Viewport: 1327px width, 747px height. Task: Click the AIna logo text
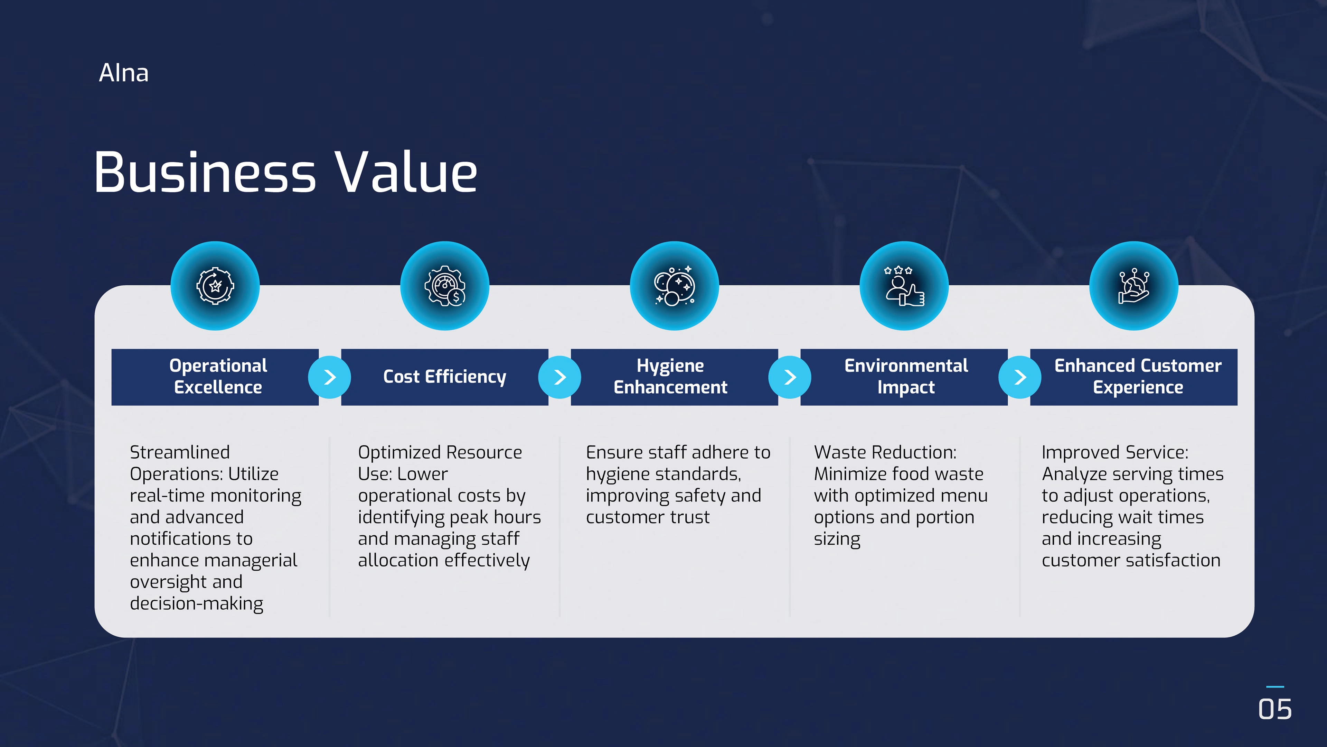click(x=124, y=73)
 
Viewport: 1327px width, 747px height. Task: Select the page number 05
click(x=1275, y=709)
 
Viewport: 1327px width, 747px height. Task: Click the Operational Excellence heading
click(x=218, y=376)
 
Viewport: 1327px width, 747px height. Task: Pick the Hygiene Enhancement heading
click(x=670, y=376)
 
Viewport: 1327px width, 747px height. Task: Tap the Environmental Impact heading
click(x=906, y=376)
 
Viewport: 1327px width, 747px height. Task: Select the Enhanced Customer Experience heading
click(x=1138, y=376)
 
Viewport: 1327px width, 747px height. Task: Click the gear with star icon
click(x=215, y=286)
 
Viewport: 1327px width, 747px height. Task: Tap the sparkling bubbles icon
click(x=674, y=286)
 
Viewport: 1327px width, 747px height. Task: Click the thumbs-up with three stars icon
click(x=904, y=286)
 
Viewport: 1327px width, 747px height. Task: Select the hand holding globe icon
click(x=1134, y=286)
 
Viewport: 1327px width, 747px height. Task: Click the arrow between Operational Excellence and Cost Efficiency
click(x=330, y=377)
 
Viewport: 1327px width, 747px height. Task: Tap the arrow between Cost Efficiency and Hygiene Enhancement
click(x=560, y=377)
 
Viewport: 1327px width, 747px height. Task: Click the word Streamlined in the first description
click(x=180, y=452)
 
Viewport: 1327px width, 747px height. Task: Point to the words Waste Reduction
click(x=885, y=452)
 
